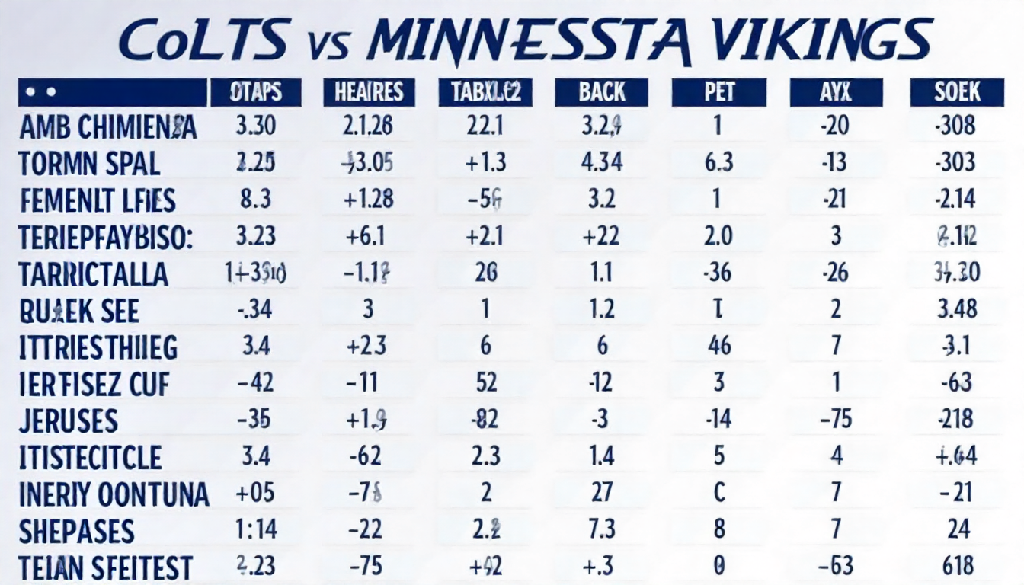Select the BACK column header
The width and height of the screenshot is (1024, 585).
[601, 93]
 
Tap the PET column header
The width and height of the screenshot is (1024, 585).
[719, 93]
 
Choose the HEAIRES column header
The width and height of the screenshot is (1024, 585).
[369, 93]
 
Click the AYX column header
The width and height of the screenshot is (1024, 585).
[836, 93]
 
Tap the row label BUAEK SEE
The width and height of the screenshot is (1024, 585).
[79, 311]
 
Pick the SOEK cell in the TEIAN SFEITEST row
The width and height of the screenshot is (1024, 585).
[958, 566]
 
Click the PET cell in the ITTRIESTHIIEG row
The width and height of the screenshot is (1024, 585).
[719, 347]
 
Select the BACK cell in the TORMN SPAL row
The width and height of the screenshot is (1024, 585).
[601, 162]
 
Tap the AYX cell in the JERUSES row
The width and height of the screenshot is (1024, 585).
[836, 420]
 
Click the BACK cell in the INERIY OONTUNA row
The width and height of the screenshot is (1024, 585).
[601, 492]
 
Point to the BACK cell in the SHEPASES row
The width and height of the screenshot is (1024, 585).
[601, 529]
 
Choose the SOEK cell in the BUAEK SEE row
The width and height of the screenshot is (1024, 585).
[956, 309]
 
